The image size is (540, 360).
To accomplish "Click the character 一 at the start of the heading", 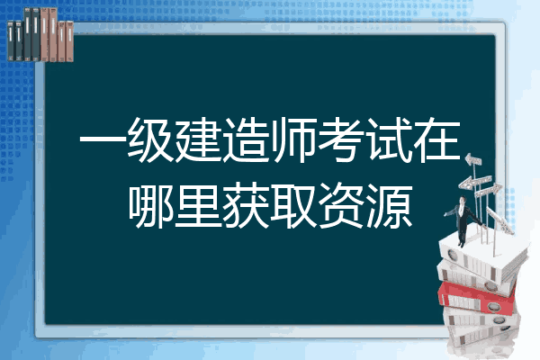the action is coord(103,139).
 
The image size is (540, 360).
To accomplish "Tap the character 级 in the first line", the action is coord(150,139).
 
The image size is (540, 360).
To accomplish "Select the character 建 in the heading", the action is coord(198,139).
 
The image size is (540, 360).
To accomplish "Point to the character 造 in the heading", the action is coord(247,139).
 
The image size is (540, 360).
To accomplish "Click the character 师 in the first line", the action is coord(293,139).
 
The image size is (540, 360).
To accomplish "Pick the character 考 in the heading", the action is coord(341,139).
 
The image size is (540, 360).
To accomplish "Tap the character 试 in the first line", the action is coord(390,139).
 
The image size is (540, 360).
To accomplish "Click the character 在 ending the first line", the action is coord(437,139).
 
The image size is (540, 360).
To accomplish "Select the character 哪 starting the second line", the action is coord(150,206).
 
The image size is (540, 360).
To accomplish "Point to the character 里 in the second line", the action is coord(198,206).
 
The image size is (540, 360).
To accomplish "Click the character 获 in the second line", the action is coord(247,206).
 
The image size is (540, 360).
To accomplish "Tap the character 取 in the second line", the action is coord(293,206).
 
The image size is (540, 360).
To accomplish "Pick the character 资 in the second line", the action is coord(341,206).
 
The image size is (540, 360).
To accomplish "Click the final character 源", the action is coord(390,206).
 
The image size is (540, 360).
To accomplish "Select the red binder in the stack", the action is coord(477,298).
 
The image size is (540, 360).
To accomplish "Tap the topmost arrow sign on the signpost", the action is coord(473,160).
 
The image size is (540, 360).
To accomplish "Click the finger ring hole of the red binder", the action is coord(493,306).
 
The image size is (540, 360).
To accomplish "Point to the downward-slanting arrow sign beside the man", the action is coord(499,220).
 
